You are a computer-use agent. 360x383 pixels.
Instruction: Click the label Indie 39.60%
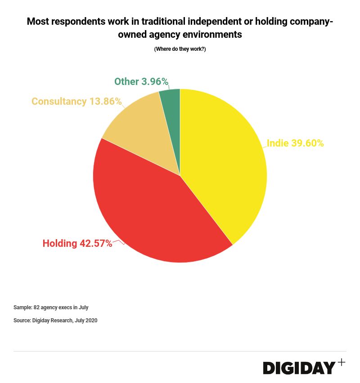[x=295, y=143]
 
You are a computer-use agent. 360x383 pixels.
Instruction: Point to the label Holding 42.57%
[x=77, y=244]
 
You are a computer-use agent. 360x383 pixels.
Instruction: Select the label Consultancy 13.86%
[x=76, y=102]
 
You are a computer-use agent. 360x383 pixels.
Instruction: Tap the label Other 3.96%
[x=141, y=82]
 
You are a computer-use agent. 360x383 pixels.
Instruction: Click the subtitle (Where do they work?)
[x=180, y=49]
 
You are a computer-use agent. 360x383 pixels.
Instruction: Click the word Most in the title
[x=37, y=22]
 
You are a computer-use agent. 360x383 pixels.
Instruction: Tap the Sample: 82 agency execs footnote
[x=51, y=307]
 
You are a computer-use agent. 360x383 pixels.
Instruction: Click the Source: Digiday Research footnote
[x=55, y=321]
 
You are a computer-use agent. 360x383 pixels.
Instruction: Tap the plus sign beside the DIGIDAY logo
[x=342, y=362]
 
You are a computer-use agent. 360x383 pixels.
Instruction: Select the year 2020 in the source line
[x=91, y=321]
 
